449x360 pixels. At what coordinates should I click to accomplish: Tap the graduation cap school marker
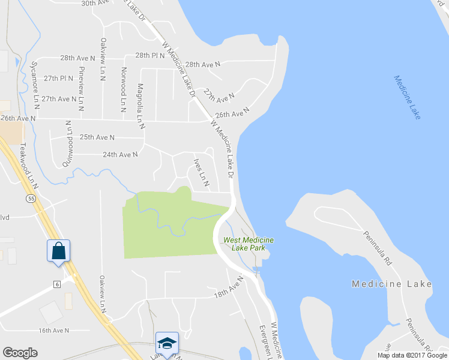(166, 342)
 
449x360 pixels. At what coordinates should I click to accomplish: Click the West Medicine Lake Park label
(249, 244)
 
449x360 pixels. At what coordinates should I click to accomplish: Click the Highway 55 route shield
(31, 198)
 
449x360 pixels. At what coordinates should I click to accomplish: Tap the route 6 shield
(56, 283)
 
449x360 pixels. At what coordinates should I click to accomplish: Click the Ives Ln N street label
(200, 173)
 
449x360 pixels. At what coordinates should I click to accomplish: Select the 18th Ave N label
(229, 287)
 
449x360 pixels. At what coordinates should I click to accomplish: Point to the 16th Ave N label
(54, 331)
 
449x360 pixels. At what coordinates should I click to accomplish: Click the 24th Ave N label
(120, 154)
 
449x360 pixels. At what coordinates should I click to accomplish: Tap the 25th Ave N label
(97, 137)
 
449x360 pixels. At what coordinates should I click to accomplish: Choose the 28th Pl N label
(149, 55)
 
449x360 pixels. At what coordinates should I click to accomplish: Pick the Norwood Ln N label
(123, 89)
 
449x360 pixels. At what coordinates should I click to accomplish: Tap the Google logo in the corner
(20, 353)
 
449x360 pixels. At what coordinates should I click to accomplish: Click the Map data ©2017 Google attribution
(412, 355)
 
